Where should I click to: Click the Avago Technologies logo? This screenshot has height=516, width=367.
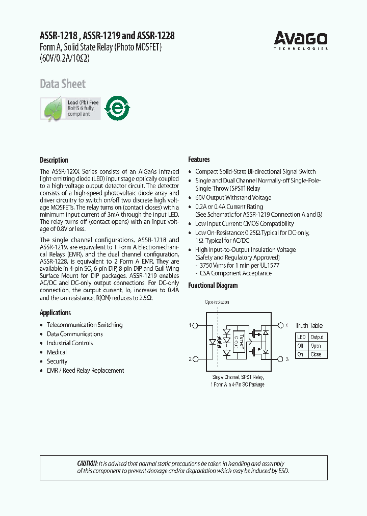(x=301, y=40)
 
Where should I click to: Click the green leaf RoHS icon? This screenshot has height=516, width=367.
(x=53, y=109)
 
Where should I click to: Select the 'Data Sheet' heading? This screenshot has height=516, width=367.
(x=63, y=84)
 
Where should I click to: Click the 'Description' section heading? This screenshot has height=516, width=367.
(x=54, y=160)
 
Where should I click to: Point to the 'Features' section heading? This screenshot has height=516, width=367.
(x=199, y=160)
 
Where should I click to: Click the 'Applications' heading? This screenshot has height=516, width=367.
(x=55, y=313)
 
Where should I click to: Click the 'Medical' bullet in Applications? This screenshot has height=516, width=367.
(x=57, y=352)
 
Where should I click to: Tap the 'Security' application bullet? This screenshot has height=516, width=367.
(x=57, y=362)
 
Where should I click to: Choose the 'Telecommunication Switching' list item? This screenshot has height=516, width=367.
(x=84, y=325)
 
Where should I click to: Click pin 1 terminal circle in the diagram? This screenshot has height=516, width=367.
(x=196, y=325)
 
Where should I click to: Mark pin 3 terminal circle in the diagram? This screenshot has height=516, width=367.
(x=280, y=359)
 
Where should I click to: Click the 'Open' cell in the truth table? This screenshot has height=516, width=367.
(x=316, y=346)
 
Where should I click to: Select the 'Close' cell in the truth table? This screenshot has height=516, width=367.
(x=316, y=354)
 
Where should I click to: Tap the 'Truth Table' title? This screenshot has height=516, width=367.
(x=309, y=325)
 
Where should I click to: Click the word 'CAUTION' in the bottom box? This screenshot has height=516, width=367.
(x=87, y=463)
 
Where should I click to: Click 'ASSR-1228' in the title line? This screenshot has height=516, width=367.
(x=155, y=36)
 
